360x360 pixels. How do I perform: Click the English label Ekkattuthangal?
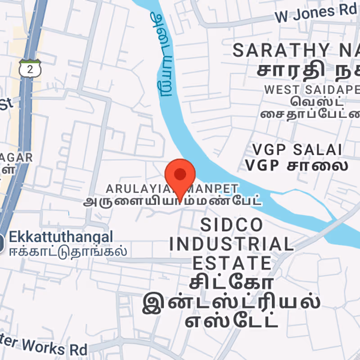pyautogui.click(x=61, y=237)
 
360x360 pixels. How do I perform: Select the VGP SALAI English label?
pyautogui.click(x=297, y=150)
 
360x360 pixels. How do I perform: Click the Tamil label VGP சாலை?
pyautogui.click(x=297, y=166)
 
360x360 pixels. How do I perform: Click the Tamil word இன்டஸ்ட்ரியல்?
pyautogui.click(x=231, y=303)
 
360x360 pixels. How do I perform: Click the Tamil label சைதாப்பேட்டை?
pyautogui.click(x=310, y=113)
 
